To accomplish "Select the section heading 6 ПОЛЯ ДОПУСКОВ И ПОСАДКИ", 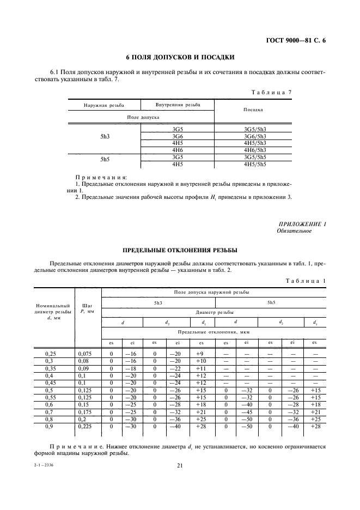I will point(180,57).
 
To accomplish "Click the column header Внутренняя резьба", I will point(177,104).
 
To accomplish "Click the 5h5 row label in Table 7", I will point(105,160).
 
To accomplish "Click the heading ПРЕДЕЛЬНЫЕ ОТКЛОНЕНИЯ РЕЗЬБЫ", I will point(180,250).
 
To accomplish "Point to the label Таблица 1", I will point(306,281).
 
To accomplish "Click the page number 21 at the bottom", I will point(180,465).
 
